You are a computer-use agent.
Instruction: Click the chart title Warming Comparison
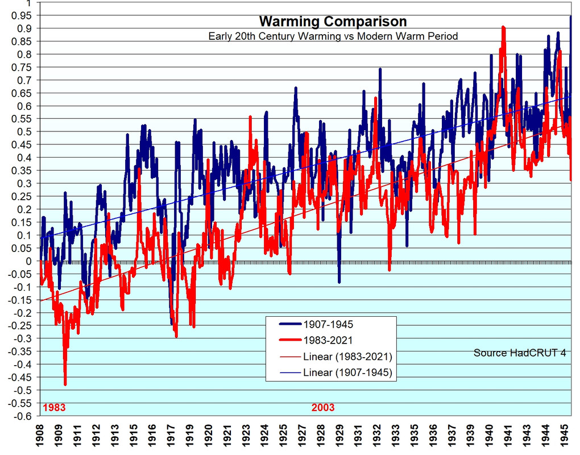tap(333, 22)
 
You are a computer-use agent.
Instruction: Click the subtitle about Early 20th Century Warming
tap(333, 36)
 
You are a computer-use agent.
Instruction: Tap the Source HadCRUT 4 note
tap(520, 353)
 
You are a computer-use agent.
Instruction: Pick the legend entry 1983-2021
tap(328, 340)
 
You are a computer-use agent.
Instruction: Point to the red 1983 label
tap(54, 408)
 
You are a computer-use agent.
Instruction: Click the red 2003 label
tap(323, 408)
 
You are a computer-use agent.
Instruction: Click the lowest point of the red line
tap(65, 385)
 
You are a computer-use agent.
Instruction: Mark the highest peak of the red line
tap(503, 27)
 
